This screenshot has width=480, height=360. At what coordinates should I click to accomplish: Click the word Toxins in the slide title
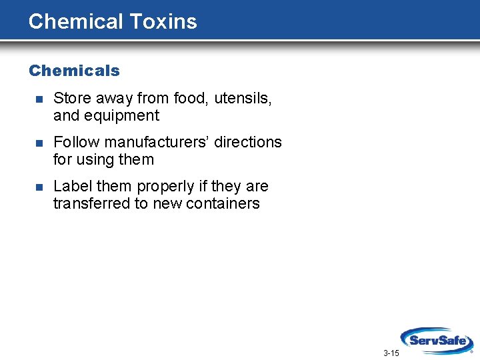[x=163, y=21]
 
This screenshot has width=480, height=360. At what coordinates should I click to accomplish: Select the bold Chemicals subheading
[x=74, y=71]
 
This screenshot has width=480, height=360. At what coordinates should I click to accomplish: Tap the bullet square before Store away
[x=39, y=99]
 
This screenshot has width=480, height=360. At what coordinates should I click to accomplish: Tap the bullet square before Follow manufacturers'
[x=39, y=143]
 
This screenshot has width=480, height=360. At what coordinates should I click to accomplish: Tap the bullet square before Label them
[x=39, y=187]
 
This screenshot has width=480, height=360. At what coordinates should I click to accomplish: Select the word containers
[x=225, y=203]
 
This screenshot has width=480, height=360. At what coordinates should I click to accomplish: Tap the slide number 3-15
[x=391, y=353]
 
